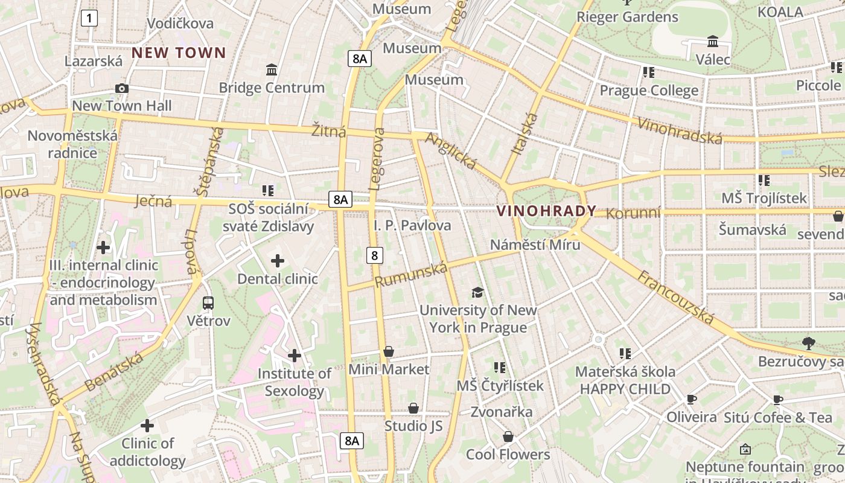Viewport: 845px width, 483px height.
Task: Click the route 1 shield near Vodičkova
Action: (x=89, y=19)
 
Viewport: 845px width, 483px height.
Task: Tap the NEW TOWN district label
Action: (x=179, y=53)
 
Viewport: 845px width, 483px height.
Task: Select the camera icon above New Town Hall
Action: (x=122, y=89)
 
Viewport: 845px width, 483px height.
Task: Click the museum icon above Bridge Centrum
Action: (x=272, y=70)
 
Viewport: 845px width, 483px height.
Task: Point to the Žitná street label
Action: (x=329, y=130)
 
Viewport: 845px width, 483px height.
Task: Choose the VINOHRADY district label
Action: (x=546, y=211)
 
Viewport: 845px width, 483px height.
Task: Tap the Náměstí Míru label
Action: (x=535, y=245)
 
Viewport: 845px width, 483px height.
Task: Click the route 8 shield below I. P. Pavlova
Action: (x=375, y=255)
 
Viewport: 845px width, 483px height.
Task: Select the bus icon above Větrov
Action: (x=208, y=303)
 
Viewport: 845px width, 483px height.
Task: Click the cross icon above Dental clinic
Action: (x=278, y=261)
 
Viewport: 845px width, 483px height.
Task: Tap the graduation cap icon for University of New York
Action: (x=477, y=293)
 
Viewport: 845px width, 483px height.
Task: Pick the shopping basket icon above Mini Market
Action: (x=389, y=351)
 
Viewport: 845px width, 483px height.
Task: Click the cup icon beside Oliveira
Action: (x=692, y=399)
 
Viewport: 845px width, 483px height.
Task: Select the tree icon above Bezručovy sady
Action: (x=809, y=344)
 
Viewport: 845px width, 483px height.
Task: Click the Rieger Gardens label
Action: (x=627, y=17)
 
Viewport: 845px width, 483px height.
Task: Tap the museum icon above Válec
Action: (x=713, y=42)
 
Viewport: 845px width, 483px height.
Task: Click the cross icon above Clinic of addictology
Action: (x=147, y=426)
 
